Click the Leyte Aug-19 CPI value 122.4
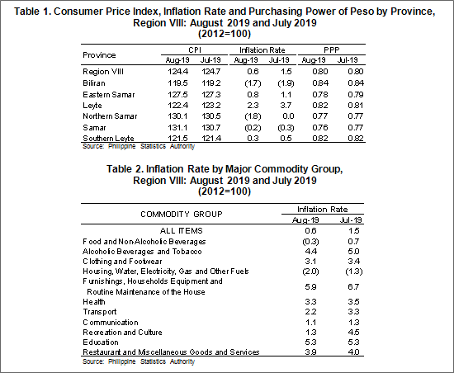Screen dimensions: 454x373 point(177,106)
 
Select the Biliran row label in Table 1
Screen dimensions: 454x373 point(94,83)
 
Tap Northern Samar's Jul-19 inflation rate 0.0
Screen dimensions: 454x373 point(288,116)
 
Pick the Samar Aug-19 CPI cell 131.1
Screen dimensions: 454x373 point(177,127)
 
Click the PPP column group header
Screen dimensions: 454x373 point(332,50)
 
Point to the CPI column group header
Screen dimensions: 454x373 point(195,50)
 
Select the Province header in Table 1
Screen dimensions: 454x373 point(99,55)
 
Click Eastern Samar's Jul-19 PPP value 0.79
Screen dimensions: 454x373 point(355,95)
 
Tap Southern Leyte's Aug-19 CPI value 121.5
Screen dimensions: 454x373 point(177,138)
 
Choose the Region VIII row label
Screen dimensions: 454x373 point(103,72)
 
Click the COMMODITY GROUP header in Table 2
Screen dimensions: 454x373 point(182,214)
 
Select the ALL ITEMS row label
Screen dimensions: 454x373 point(182,230)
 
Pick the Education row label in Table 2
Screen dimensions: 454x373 point(101,342)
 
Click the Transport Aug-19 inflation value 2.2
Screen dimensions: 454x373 point(310,312)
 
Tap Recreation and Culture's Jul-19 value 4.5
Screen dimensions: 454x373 point(353,333)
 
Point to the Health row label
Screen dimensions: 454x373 point(94,302)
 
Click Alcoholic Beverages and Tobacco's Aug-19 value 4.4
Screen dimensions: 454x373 point(310,251)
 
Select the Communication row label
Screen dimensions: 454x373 point(111,323)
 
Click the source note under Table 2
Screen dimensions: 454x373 point(139,361)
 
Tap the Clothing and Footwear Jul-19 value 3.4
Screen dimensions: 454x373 point(353,262)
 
